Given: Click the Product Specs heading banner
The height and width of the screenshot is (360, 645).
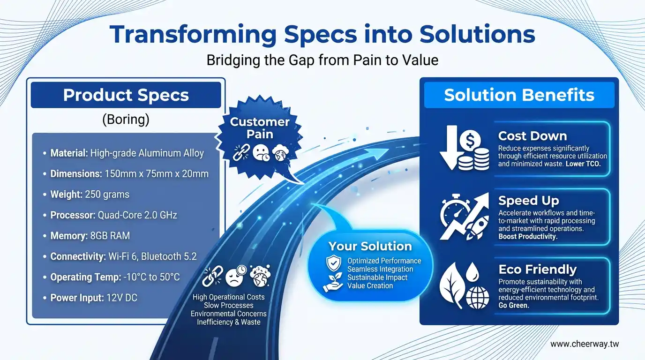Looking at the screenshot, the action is [x=126, y=95].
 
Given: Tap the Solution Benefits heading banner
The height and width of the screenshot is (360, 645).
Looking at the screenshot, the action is [x=519, y=95].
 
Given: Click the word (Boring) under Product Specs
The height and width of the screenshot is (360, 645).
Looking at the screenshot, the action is [x=126, y=120].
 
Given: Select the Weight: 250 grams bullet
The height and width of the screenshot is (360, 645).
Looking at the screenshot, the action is [x=86, y=195].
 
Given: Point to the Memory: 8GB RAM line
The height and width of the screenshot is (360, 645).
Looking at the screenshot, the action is [x=86, y=236].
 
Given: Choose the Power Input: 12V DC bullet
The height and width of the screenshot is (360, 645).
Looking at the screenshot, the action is [x=90, y=298].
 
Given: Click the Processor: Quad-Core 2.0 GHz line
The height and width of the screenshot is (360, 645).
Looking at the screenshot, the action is [x=110, y=215].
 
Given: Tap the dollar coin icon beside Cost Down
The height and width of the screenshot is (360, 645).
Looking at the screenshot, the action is [x=470, y=141].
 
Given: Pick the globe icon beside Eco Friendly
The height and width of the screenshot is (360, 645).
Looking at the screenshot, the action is [x=477, y=298].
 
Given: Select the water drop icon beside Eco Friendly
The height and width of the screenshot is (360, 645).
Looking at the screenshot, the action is [x=472, y=272].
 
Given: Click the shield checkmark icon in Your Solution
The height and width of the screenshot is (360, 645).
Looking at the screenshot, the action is [x=333, y=263].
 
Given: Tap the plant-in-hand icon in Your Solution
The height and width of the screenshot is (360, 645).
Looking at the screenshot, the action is [x=333, y=283].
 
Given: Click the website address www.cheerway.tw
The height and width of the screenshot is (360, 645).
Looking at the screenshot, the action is [x=585, y=344].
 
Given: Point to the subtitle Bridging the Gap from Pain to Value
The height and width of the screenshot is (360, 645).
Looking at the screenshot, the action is [x=322, y=60].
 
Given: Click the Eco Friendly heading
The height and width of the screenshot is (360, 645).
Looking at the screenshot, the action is [x=538, y=269].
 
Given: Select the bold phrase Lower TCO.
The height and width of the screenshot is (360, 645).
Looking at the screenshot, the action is [x=583, y=164].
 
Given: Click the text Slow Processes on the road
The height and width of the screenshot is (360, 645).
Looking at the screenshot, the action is [x=229, y=305].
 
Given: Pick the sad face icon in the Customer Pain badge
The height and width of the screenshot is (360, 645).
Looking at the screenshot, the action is [x=261, y=152].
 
